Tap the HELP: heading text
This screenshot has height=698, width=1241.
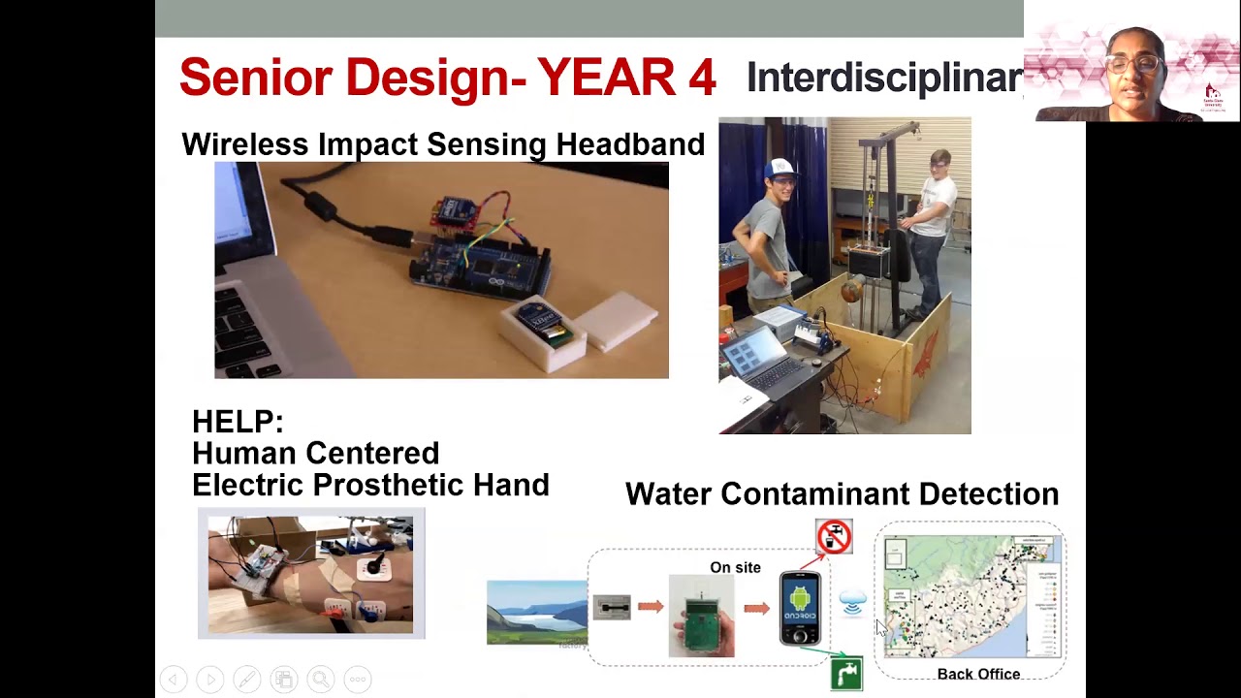[238, 422]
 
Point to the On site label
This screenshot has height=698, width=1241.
[735, 567]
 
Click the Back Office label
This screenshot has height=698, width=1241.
[978, 674]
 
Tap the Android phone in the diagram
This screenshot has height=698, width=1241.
[800, 609]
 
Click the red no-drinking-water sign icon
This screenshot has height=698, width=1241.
[834, 536]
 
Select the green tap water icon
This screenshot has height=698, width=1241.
[846, 673]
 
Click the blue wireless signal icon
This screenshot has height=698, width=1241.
[852, 604]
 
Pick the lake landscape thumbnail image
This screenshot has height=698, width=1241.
[536, 613]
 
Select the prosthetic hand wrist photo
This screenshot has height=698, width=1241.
[310, 574]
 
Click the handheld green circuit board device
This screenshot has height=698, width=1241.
[701, 617]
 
